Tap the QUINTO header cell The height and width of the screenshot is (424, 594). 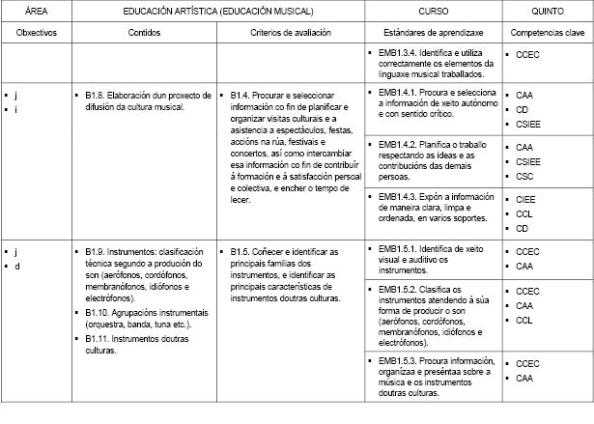point(547,12)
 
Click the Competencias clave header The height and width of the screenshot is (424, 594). point(547,32)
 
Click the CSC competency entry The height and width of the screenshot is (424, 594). point(524,177)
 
